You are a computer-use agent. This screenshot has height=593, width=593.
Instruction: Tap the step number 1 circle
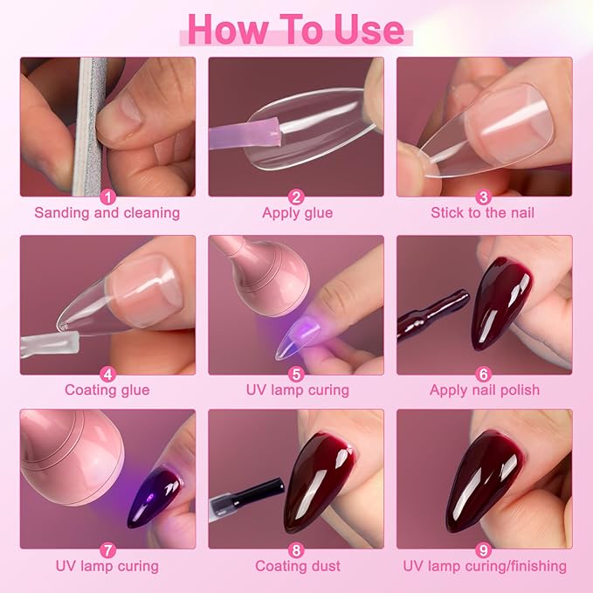point(107,197)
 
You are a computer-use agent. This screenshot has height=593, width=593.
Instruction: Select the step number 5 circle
point(296,375)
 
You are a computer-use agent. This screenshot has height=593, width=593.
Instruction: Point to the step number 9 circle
point(485,551)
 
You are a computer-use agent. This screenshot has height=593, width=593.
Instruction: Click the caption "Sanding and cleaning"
point(107,213)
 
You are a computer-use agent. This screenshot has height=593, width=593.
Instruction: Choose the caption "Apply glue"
point(296,213)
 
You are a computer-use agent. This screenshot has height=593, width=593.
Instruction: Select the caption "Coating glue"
point(107,390)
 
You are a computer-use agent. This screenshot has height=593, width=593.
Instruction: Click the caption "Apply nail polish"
point(485,390)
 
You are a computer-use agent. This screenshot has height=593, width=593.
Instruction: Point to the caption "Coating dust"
point(296,567)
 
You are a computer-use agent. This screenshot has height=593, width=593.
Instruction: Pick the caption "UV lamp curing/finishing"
point(485,567)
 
